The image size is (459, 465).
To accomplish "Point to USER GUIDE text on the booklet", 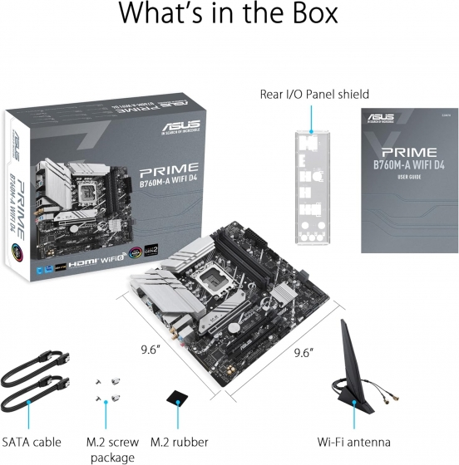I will (403, 177).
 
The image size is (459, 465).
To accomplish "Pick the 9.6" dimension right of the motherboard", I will (303, 352).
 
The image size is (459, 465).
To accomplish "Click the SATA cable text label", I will (32, 443).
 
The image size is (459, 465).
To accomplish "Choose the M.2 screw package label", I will (111, 449).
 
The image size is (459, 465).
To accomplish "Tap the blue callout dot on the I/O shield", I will (312, 132).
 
